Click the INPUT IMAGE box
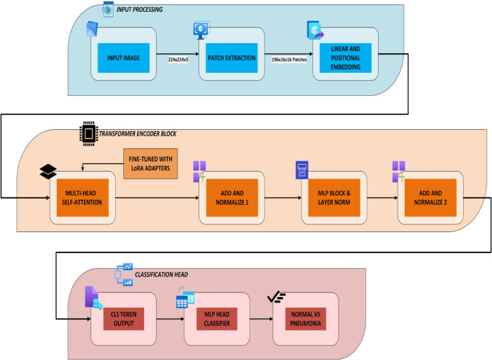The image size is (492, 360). coord(123,58)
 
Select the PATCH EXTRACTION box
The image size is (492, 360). coord(231,58)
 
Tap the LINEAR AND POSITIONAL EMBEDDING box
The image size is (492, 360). coord(345,58)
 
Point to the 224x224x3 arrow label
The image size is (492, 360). coord(178,60)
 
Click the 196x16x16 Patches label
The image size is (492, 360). coord(290,60)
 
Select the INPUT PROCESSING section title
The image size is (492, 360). coord(140,10)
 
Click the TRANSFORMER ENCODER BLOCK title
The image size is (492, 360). coord(138,134)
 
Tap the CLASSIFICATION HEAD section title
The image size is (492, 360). coord(161,275)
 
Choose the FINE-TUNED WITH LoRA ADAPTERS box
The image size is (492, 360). coord(151,164)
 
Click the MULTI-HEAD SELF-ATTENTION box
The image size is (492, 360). coord(83,197)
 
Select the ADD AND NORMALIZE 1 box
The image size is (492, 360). coord(232,197)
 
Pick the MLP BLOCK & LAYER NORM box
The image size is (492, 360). coord(334,197)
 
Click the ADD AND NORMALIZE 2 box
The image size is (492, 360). coord(430,197)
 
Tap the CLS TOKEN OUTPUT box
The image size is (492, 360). coord(124,319)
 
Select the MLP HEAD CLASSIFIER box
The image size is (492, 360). coord(217,319)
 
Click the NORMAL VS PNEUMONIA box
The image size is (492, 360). coord(306,319)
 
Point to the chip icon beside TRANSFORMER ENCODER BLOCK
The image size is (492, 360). coord(88,134)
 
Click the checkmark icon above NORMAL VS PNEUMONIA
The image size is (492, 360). coord(276,298)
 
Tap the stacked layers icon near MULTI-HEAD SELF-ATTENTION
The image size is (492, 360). coord(48,172)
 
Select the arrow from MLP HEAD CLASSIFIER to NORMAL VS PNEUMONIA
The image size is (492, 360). coord(261,319)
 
